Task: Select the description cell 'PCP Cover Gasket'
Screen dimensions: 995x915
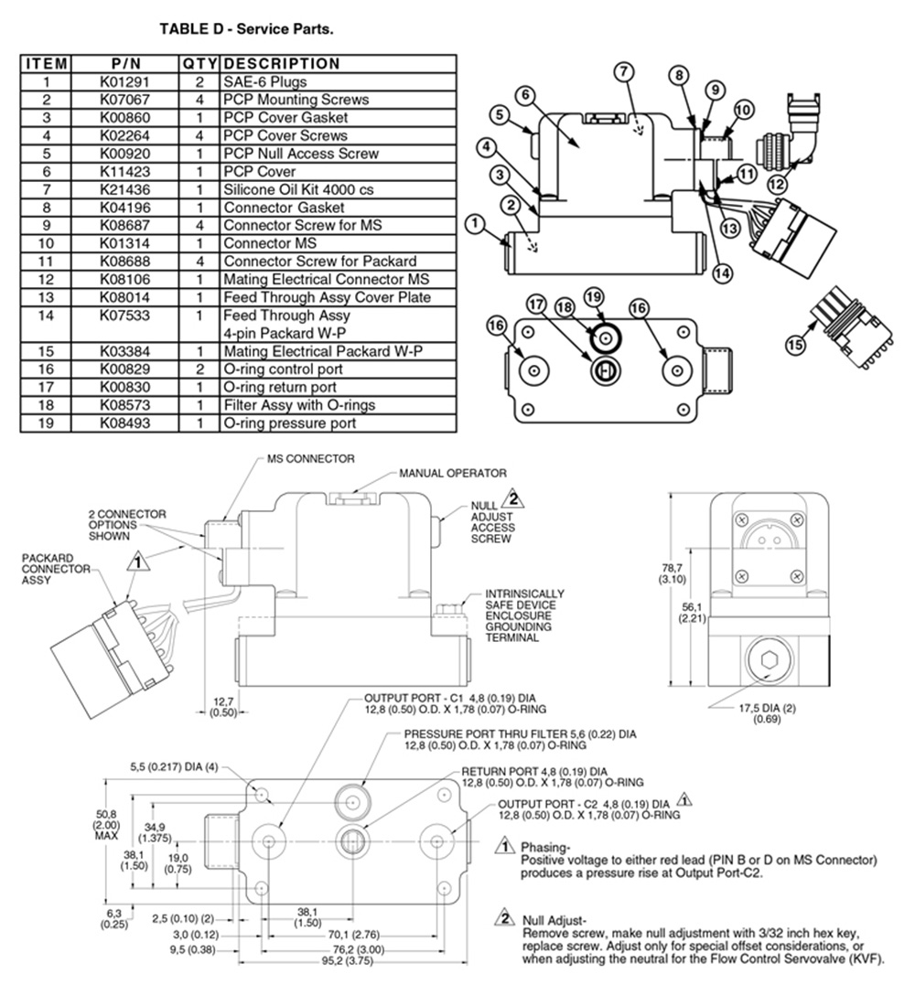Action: click(x=285, y=118)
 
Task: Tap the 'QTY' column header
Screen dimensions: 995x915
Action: click(x=199, y=64)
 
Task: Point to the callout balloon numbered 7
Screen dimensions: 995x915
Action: click(x=624, y=71)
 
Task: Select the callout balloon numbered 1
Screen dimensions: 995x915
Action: click(x=474, y=221)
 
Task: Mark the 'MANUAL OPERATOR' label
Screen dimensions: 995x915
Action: click(x=452, y=474)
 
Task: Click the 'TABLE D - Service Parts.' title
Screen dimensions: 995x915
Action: click(x=246, y=28)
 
